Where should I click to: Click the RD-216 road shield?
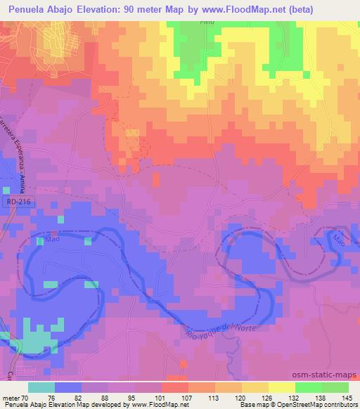tap(12, 201)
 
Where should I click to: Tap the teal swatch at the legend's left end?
tap(41, 387)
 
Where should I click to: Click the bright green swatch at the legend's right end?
tap(335, 387)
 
